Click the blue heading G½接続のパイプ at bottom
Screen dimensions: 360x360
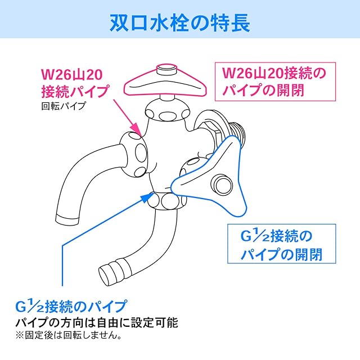[x=71, y=307]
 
